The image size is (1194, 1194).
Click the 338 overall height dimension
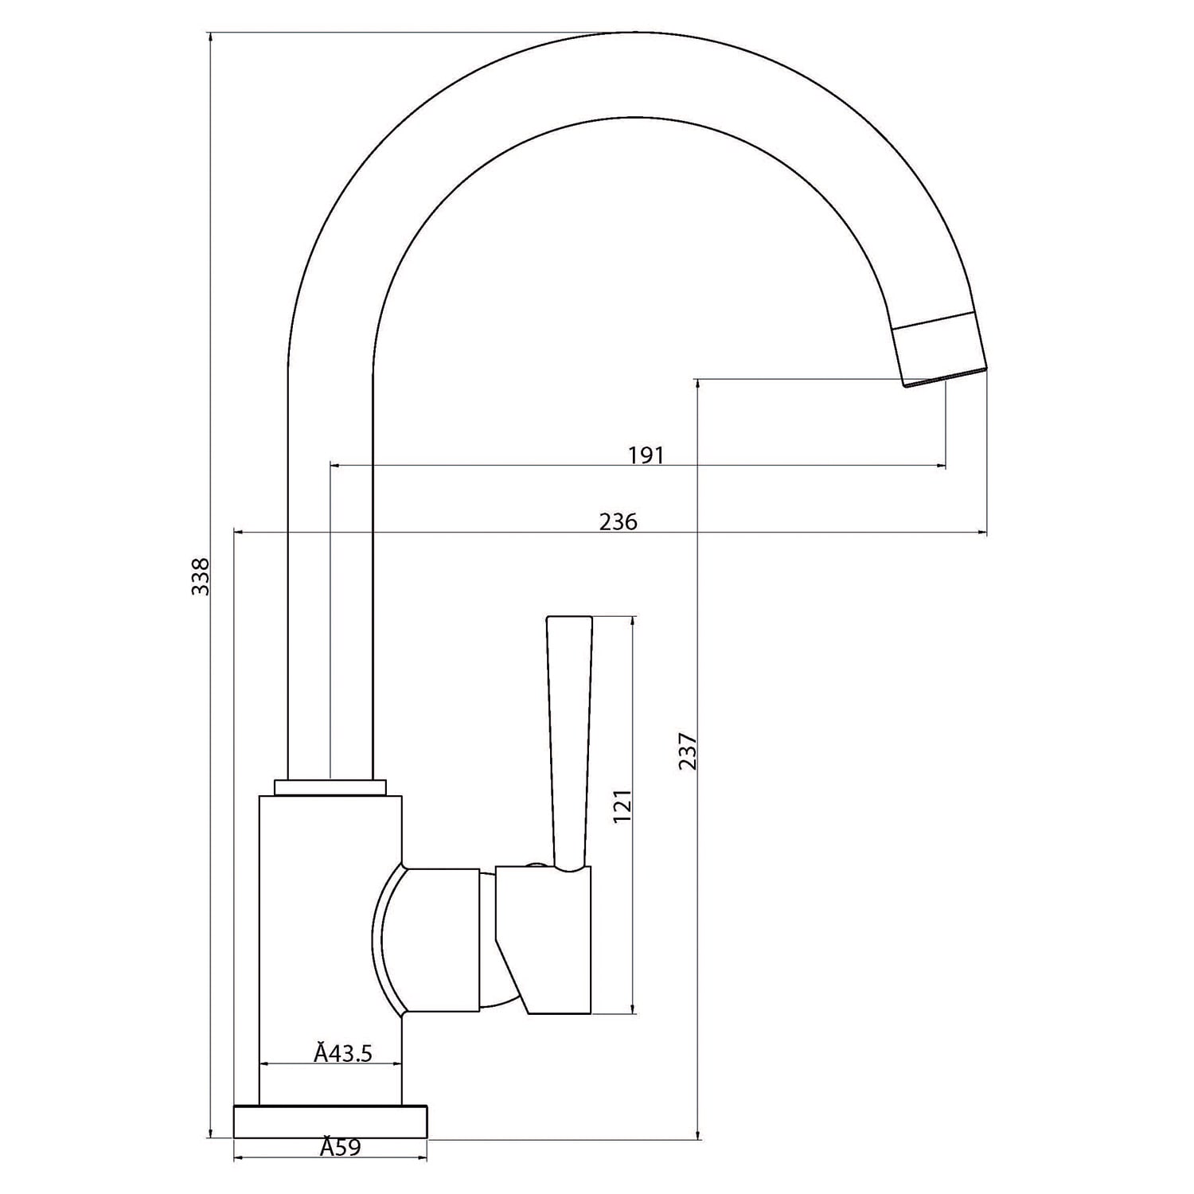tap(202, 576)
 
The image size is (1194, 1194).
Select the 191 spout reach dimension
tap(646, 455)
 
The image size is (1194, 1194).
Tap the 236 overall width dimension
tap(618, 521)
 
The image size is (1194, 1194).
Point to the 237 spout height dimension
tap(689, 751)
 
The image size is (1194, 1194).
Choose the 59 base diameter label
tap(341, 1147)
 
